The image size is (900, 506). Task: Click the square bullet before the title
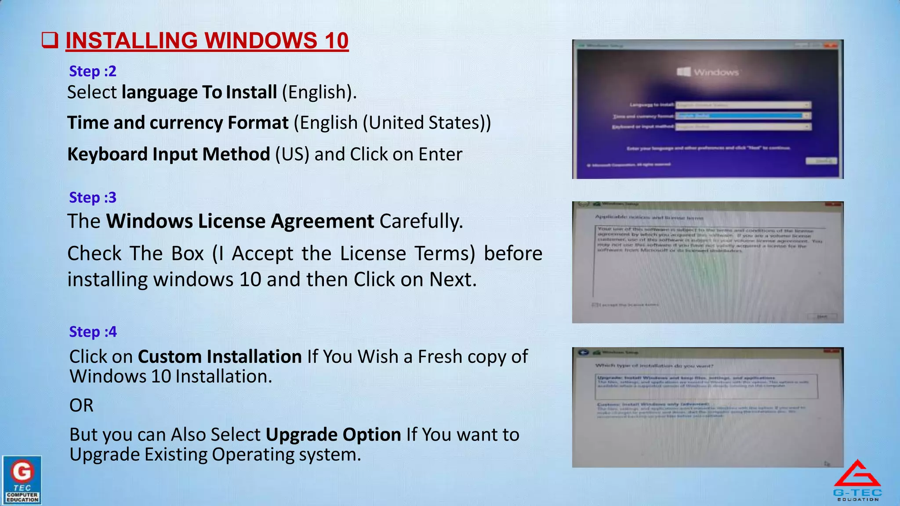coord(50,40)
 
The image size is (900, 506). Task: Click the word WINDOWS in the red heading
coord(261,41)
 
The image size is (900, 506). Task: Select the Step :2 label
coord(93,71)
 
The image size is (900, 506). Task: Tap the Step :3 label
coord(93,198)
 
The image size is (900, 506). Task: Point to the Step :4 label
coord(93,332)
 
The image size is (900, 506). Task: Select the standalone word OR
coord(81,405)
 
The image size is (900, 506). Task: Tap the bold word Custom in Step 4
coord(170,357)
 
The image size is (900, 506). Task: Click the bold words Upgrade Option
coord(333,434)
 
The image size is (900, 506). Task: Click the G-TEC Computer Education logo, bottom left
coord(22,480)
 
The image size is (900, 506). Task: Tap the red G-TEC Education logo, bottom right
coord(857,480)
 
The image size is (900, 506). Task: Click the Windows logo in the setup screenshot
coord(684,72)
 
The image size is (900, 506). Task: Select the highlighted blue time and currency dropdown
coord(742,116)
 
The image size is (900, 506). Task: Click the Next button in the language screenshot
coord(821,161)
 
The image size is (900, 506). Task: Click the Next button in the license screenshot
coord(822,317)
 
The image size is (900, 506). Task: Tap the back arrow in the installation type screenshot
coord(583,352)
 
